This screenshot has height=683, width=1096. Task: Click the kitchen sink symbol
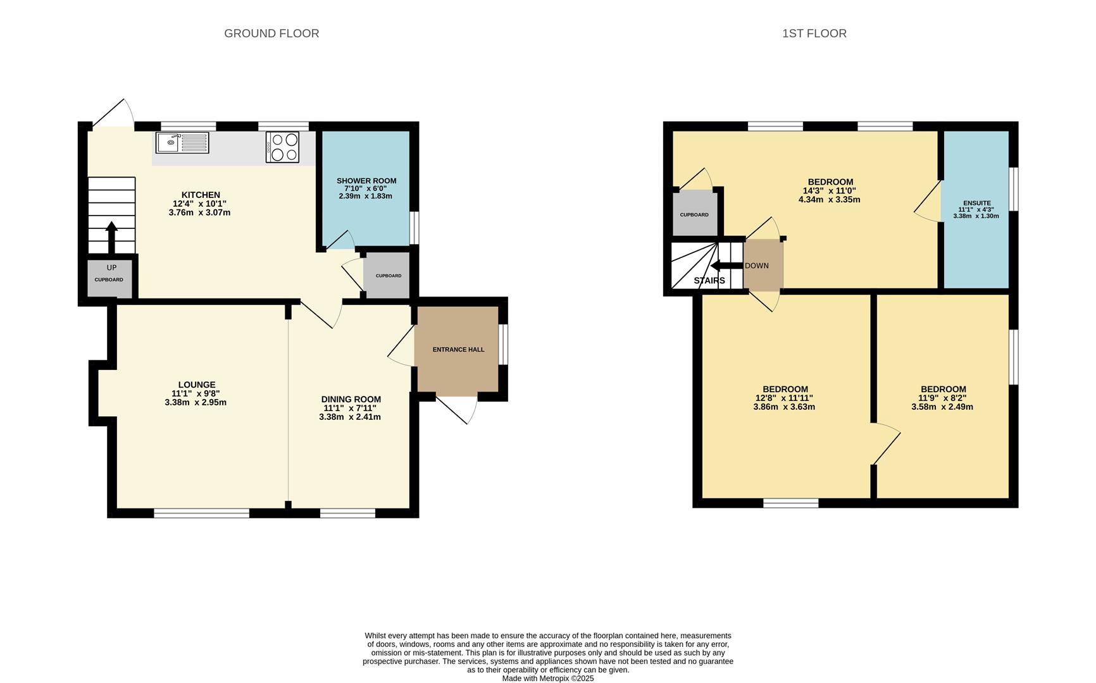coord(182,143)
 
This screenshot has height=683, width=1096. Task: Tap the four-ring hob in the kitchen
coord(283,147)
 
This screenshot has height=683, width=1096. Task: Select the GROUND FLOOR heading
coord(271,34)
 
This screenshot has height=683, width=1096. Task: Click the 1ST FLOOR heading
coord(814,34)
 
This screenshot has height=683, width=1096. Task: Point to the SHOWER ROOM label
coord(366,181)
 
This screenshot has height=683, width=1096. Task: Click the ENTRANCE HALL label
coord(458,350)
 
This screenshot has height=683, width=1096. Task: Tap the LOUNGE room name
coord(197,385)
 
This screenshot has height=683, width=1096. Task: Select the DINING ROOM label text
coord(351,399)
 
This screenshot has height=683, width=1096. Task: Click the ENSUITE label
coord(976,203)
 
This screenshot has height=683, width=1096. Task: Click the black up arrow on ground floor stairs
coord(111,237)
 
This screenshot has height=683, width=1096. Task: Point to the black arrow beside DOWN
coord(726,266)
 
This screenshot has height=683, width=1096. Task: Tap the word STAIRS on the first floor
coord(709,281)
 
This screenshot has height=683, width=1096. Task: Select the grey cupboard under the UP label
coord(109,279)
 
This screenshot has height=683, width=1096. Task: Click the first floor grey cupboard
coord(695,214)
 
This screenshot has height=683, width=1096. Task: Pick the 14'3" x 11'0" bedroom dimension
coord(830,191)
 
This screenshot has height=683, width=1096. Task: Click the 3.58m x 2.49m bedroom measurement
coord(942,407)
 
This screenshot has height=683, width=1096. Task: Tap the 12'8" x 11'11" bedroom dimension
coord(784,398)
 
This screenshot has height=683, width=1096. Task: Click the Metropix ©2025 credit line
coord(548,679)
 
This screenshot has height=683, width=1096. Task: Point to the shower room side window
coord(414,228)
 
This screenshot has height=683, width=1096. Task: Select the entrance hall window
coord(503,345)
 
